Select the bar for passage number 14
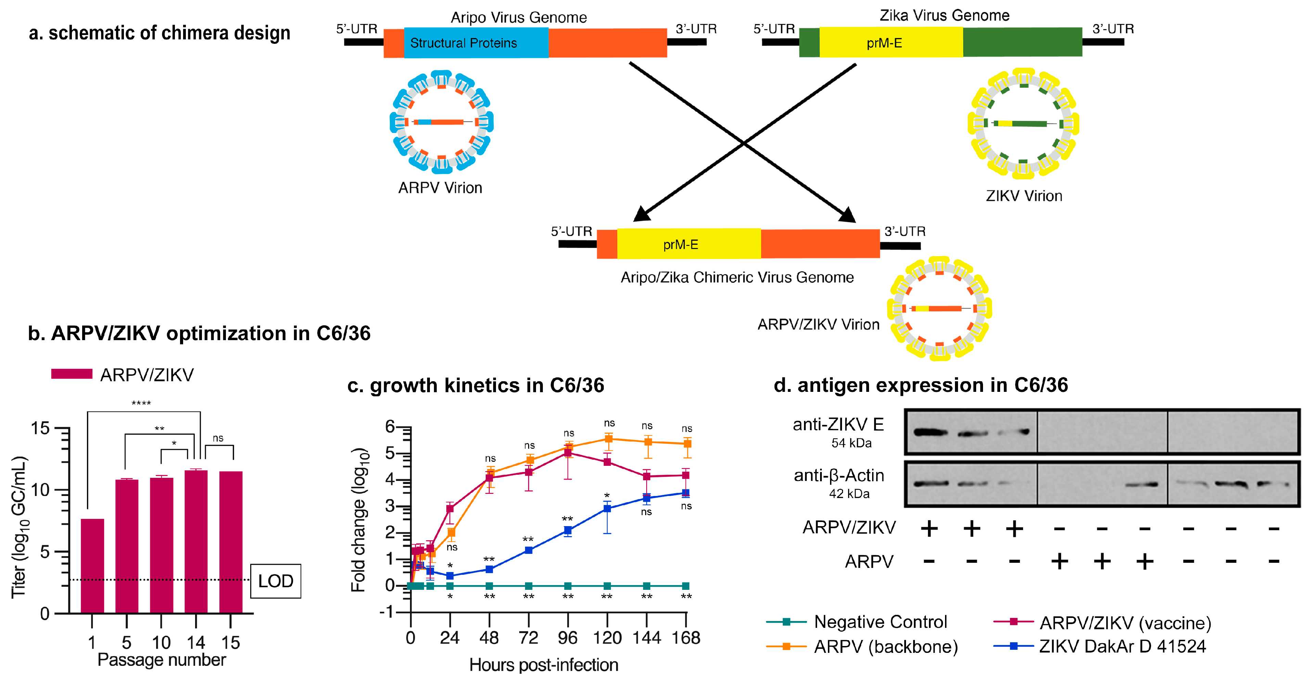[x=196, y=541]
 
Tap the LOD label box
[x=276, y=581]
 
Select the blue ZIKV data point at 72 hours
[x=529, y=550]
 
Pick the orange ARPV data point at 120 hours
[x=608, y=439]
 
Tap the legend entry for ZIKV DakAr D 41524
[x=1122, y=646]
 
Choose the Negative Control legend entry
[x=880, y=622]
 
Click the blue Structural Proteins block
[x=475, y=43]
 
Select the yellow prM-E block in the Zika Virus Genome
[x=891, y=43]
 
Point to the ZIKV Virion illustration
[x=1023, y=124]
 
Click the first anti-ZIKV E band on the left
[x=930, y=432]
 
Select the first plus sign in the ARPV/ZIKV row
[x=929, y=528]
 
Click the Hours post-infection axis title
[x=544, y=665]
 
